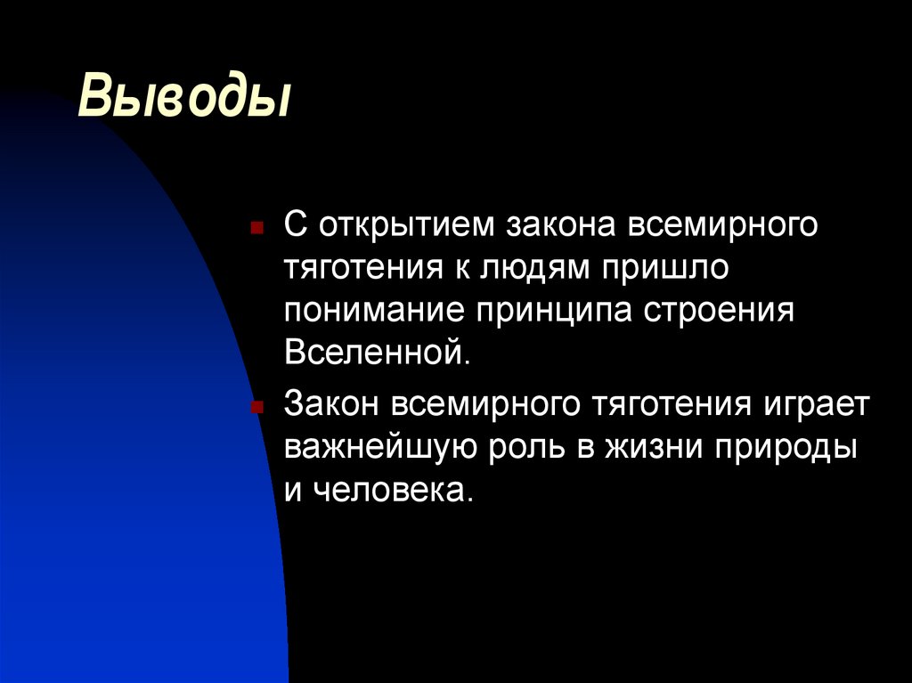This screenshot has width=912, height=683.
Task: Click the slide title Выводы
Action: [x=185, y=97]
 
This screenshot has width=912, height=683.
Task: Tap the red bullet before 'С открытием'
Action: [x=256, y=229]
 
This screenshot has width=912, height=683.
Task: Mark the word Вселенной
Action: [x=375, y=354]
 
